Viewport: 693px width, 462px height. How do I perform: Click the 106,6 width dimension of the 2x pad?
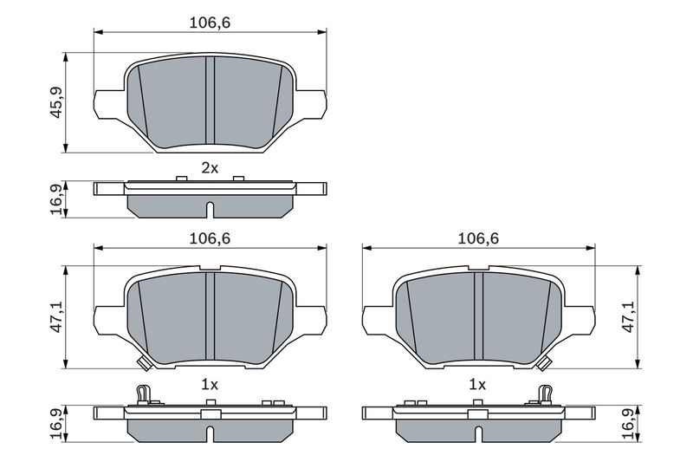(210, 23)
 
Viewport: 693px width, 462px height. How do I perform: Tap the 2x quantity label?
(210, 168)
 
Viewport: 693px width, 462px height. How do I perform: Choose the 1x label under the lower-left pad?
(210, 382)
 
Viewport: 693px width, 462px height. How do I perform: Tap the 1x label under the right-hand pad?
(477, 382)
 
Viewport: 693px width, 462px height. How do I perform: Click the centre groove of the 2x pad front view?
(210, 100)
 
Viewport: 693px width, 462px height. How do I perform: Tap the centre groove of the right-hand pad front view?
(478, 316)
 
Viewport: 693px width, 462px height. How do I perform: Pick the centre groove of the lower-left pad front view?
(210, 316)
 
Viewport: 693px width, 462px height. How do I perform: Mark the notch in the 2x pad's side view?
(210, 209)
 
